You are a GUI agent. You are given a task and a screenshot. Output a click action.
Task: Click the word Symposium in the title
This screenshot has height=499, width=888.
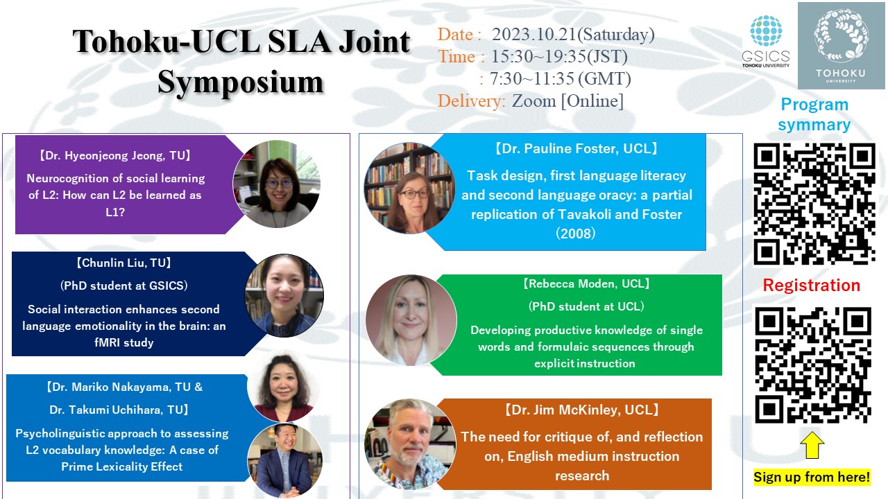tap(240, 82)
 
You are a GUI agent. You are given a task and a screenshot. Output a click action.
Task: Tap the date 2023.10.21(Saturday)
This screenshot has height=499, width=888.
tap(573, 35)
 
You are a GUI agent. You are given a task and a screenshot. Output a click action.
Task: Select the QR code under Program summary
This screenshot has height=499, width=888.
tap(814, 204)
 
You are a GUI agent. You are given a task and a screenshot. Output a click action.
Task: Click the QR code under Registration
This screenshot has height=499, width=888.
tap(813, 365)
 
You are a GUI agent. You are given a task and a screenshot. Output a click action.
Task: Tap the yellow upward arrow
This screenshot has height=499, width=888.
tap(812, 445)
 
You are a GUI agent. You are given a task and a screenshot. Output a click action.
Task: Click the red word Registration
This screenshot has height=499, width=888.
tap(812, 285)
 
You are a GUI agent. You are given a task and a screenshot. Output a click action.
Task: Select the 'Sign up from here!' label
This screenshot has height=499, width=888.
tap(812, 477)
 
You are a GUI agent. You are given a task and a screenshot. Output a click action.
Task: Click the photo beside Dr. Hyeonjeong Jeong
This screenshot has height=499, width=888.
tap(277, 184)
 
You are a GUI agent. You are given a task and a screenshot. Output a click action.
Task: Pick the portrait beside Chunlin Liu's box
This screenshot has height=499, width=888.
tap(284, 295)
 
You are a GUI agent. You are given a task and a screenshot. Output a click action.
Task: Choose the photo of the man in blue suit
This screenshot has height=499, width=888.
tap(284, 460)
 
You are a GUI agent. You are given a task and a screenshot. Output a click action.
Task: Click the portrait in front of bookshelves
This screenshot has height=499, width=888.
tap(409, 188)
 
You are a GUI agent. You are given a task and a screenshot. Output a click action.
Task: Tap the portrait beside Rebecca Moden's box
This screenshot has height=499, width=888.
tap(411, 320)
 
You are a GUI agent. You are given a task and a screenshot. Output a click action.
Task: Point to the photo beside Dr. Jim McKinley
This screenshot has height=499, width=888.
tap(410, 444)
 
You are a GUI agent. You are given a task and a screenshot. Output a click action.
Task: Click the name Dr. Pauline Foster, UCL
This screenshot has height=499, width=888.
tap(576, 148)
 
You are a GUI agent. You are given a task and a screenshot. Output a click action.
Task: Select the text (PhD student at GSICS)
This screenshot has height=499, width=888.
tap(124, 286)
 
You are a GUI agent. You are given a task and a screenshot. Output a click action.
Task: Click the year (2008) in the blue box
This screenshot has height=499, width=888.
tap(576, 234)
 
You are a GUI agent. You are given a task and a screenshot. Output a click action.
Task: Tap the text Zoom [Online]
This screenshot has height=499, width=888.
tap(567, 101)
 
